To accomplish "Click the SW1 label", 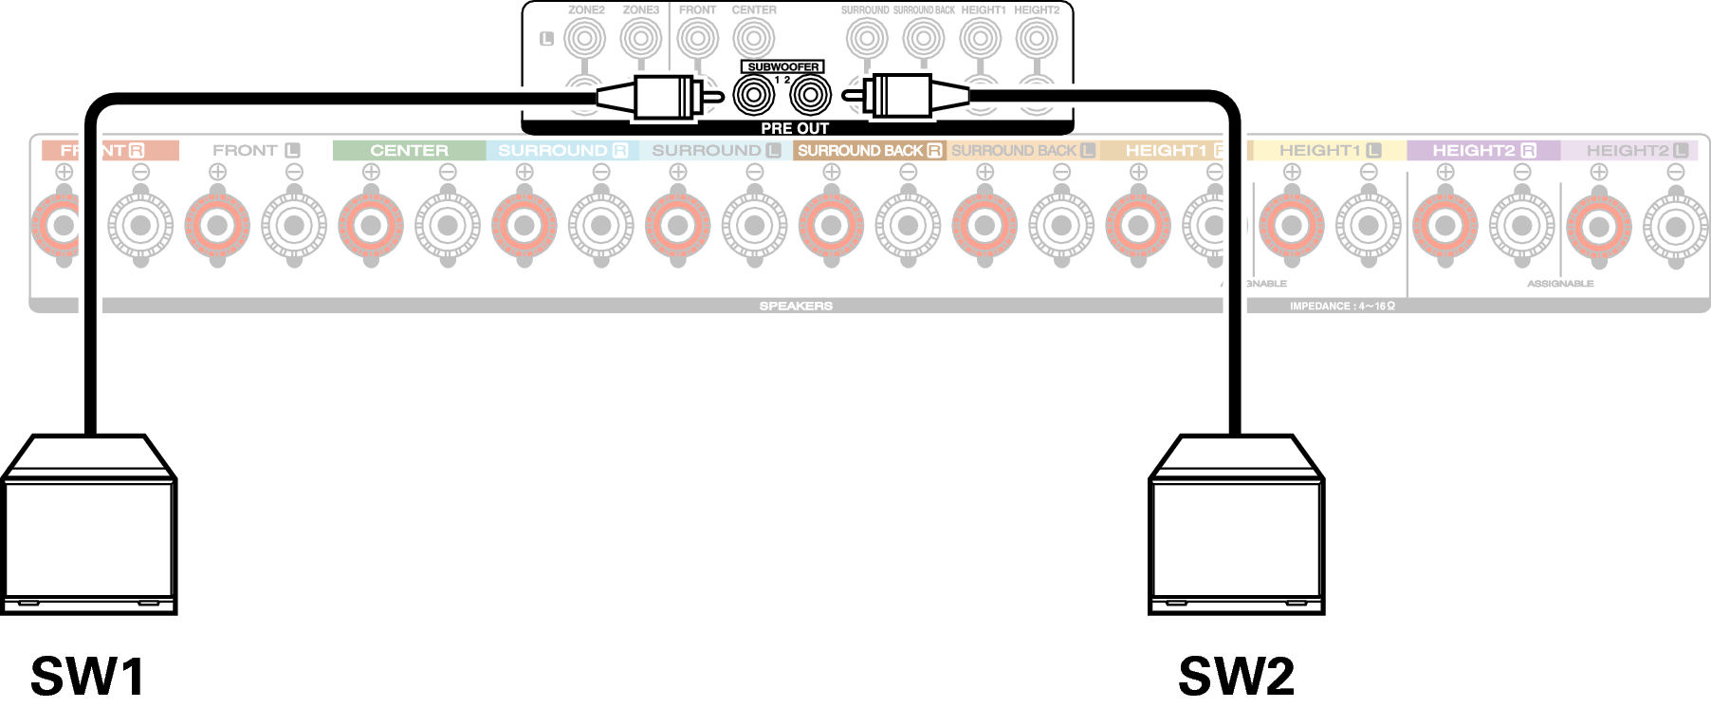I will point(87,677).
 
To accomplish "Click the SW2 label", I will point(1236,677).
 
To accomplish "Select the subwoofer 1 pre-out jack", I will point(754,96).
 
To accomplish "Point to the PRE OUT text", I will point(795,128).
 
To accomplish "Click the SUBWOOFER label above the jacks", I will point(782,67).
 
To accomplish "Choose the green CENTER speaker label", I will point(409,150).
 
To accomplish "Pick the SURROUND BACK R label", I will point(869,150).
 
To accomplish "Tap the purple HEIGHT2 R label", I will point(1483,150).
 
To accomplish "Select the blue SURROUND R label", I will point(562,150).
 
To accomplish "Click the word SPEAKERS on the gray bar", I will point(796,307).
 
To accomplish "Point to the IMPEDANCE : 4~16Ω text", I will point(1342,307).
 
